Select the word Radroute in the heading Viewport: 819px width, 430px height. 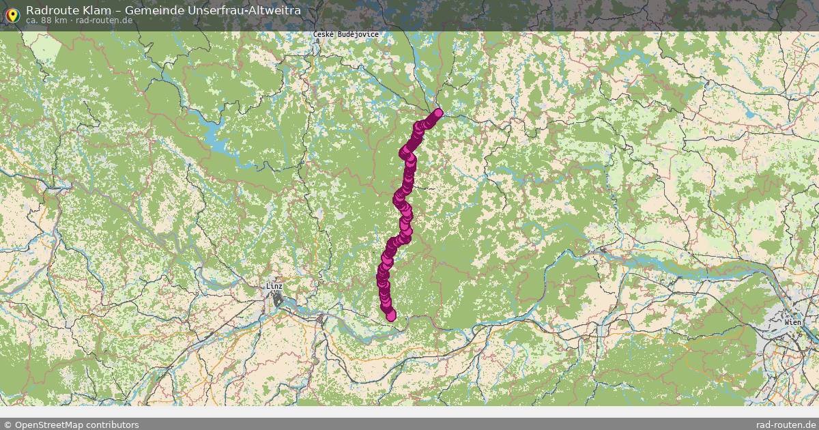point(48,10)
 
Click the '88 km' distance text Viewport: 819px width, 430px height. point(55,20)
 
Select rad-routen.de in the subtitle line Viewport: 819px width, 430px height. point(104,20)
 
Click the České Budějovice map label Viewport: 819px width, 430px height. point(346,34)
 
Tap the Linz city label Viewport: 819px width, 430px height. point(275,287)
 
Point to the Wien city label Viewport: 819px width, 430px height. point(793,321)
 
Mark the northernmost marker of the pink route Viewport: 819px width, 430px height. point(438,113)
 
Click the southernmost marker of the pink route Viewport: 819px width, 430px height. point(390,315)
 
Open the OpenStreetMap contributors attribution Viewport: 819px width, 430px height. point(71,425)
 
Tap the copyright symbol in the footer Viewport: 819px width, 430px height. point(8,425)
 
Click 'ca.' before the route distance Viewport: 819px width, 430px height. point(31,20)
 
